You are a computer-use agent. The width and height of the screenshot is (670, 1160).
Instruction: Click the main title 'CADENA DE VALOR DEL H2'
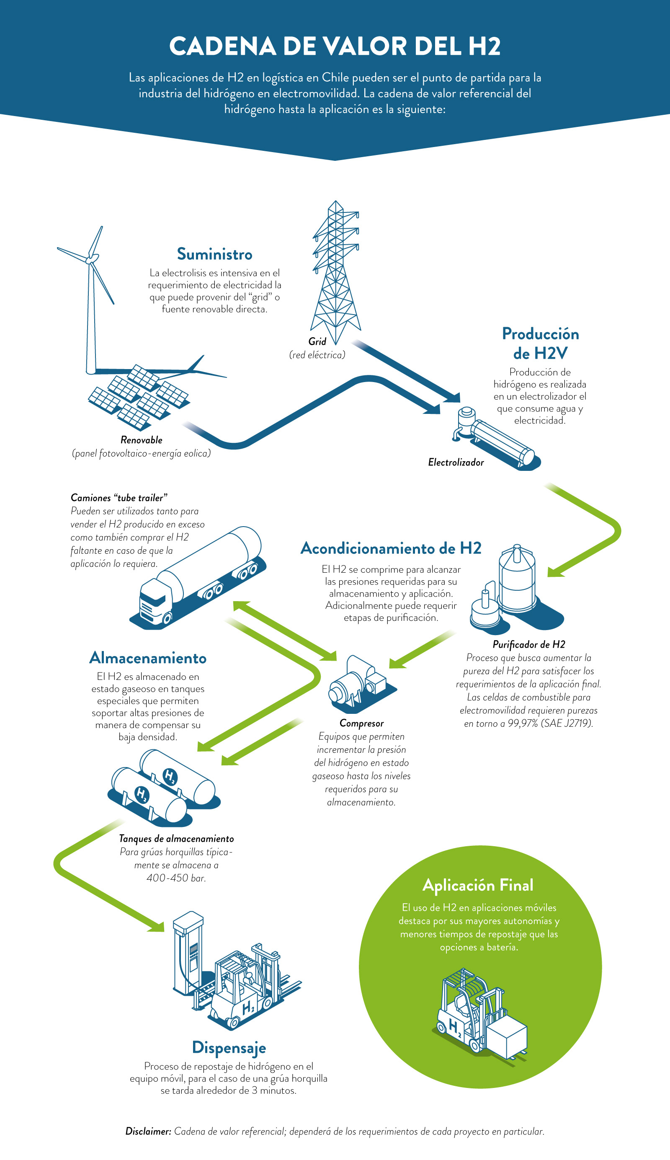[335, 46]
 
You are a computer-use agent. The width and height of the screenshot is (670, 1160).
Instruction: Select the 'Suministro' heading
[214, 254]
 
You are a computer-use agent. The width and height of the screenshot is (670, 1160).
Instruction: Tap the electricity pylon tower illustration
[335, 271]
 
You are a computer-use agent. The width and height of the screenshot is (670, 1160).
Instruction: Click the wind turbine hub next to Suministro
[93, 259]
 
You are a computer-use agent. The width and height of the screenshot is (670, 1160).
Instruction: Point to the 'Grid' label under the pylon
[317, 341]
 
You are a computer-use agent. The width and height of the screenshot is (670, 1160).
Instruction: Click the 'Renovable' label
[141, 439]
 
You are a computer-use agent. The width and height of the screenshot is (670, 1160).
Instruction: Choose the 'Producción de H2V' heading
[540, 344]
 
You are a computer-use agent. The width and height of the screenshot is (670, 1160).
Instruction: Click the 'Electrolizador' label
[456, 462]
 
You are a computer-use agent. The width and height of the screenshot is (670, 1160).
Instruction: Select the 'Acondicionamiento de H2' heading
[391, 548]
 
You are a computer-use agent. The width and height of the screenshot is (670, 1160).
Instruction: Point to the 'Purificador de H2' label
[529, 644]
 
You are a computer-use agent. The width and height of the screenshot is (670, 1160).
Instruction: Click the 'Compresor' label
[361, 723]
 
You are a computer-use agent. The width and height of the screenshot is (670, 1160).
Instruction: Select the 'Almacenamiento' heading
[148, 658]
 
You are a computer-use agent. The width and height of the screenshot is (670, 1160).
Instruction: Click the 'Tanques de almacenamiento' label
[176, 838]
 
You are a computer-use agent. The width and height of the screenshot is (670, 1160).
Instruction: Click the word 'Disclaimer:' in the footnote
[148, 1131]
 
